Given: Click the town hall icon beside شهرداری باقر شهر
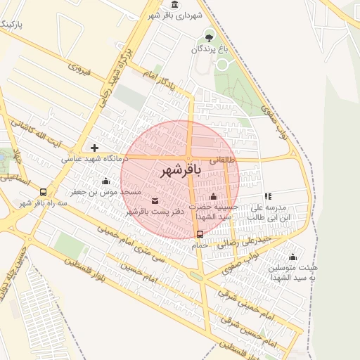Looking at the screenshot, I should pos(174,5).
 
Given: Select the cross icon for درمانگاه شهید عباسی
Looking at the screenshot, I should pos(94,148).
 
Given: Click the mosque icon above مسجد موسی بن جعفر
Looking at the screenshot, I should pos(105,181).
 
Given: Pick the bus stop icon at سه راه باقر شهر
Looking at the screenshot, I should pos(44,192).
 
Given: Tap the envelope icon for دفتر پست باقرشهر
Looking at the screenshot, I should pos(155,201).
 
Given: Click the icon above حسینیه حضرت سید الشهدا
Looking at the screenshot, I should pos(213,196).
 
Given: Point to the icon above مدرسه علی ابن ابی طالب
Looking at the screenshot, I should pos(267,196).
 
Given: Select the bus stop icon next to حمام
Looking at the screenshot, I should pos(200,234).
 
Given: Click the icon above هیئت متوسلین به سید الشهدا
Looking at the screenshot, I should pos(292,256).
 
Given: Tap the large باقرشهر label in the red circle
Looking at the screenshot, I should pos(181,170).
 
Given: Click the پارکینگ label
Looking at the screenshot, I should pos(10,26).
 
